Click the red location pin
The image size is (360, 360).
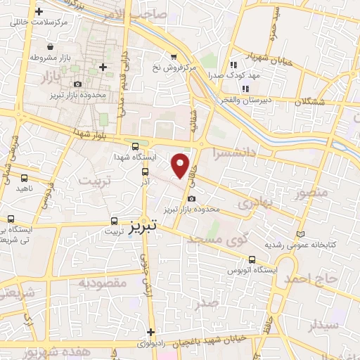pos(181,164)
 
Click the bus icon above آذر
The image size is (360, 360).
pos(146,172)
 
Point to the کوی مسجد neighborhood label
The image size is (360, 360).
pos(219,240)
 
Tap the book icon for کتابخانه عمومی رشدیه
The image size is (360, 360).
pos(302,234)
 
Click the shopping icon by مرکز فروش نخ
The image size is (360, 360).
pos(173,57)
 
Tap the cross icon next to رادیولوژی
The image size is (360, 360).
pos(150,333)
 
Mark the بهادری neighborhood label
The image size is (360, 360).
pos(254,202)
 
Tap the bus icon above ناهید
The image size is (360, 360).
pos(25,179)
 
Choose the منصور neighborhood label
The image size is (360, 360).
pos(313,191)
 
